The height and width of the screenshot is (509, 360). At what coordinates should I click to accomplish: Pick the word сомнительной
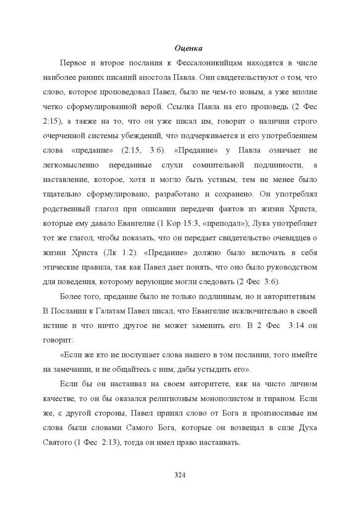click(220, 165)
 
